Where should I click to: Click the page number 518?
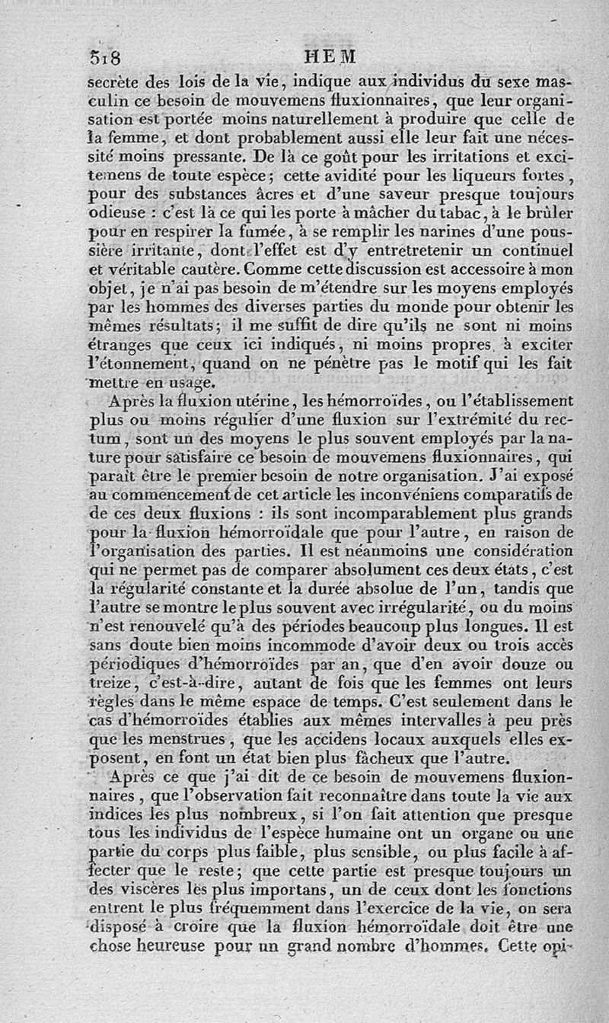coord(106,58)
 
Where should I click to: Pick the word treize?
coord(112,684)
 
